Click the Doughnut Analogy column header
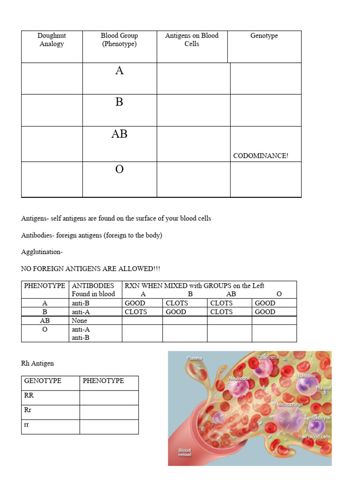pos(52,40)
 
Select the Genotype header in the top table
pos(264,36)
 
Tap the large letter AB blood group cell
pos(119,134)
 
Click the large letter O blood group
pos(119,169)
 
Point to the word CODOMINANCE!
pos(261,156)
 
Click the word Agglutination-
pos(42,252)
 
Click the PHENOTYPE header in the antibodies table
pos(45,285)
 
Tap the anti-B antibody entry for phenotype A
pos(81,303)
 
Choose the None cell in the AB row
pos(79,321)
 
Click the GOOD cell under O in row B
pos(265,312)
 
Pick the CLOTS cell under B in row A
pos(177,303)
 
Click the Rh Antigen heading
pos(37,363)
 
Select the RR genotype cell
pos(29,395)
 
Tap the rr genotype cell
pos(27,425)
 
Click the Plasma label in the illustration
pos(195,358)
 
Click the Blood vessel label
pos(185,452)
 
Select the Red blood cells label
pos(315,437)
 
